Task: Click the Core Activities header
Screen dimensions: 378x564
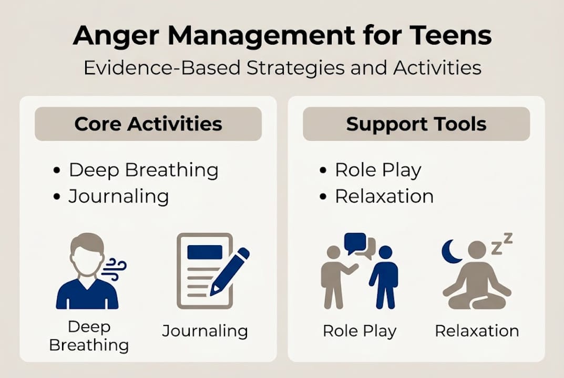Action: [148, 124]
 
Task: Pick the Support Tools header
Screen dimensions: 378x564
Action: [416, 124]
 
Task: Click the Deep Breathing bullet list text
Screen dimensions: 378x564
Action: [143, 170]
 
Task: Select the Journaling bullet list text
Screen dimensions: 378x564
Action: [119, 196]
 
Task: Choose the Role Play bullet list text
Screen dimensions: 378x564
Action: [378, 170]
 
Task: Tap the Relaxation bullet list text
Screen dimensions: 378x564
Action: [384, 196]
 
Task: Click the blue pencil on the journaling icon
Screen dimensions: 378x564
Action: [230, 271]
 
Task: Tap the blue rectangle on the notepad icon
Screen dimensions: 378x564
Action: [204, 253]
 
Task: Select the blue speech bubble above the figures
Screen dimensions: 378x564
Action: [355, 243]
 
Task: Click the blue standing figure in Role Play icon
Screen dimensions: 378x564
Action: [384, 277]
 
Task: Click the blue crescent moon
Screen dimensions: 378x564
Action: [450, 252]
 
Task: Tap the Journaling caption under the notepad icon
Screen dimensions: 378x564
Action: [204, 331]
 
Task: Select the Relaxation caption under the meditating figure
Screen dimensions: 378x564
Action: [477, 331]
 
